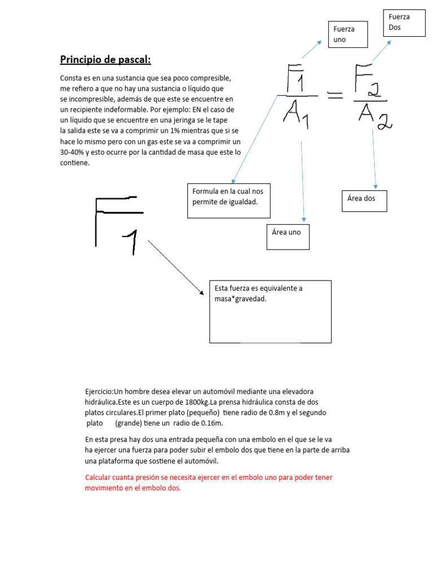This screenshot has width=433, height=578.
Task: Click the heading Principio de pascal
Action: pyautogui.click(x=105, y=59)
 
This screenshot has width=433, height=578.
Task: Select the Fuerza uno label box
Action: pyautogui.click(x=348, y=34)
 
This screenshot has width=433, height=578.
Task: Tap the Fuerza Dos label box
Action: pyautogui.click(x=404, y=23)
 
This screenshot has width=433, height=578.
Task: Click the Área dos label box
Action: pyautogui.click(x=364, y=201)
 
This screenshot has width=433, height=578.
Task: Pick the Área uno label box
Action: pyautogui.click(x=288, y=237)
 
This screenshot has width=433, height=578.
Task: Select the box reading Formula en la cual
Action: pyautogui.click(x=229, y=200)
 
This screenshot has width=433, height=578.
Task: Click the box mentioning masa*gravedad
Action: pyautogui.click(x=270, y=311)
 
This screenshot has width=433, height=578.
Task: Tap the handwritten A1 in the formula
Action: pyautogui.click(x=295, y=115)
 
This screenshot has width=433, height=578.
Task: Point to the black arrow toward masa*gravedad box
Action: pyautogui.click(x=175, y=267)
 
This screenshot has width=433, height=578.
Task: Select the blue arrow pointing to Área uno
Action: pyautogui.click(x=303, y=181)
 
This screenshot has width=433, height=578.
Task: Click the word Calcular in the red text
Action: pyautogui.click(x=99, y=478)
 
